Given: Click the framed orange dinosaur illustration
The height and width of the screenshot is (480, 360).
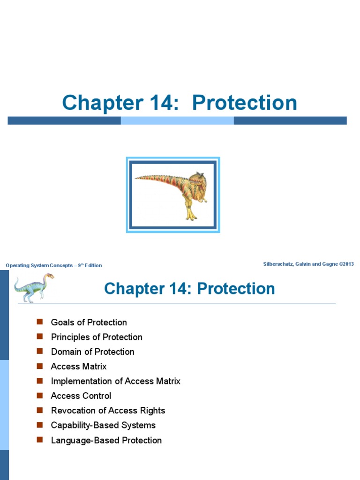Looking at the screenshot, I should click(173, 195).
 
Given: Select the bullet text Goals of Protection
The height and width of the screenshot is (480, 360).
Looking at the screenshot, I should click(89, 322).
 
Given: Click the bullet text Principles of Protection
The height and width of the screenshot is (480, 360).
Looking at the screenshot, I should click(97, 337).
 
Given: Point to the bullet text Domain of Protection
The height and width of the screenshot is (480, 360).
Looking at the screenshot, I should click(92, 352).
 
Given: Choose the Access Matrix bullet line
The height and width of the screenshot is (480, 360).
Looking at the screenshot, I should click(79, 367).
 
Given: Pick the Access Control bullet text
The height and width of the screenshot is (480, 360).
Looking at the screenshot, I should click(81, 396).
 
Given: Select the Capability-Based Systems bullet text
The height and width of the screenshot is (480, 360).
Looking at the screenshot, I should click(103, 425).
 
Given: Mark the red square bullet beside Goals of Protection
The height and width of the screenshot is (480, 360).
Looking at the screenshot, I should click(40, 322).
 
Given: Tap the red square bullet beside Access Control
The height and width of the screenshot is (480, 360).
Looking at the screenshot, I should click(40, 396).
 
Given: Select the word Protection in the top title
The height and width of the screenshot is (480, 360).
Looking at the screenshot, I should click(244, 103).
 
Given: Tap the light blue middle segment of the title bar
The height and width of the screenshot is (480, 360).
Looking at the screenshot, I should click(177, 120).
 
